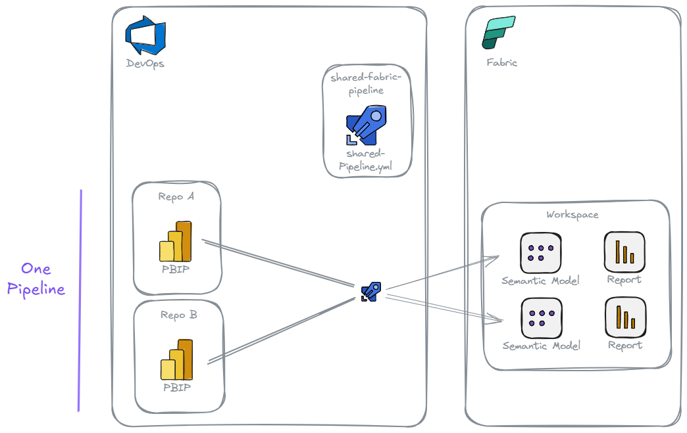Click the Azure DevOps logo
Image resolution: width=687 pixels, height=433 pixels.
pos(145,35)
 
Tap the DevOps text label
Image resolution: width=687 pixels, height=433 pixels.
pos(145,64)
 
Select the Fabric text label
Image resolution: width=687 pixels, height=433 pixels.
pos(501,63)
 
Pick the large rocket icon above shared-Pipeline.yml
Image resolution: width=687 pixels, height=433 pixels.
pos(366,127)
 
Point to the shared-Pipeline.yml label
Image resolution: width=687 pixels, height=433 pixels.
pos(366,160)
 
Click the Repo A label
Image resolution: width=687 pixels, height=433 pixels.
pos(176,196)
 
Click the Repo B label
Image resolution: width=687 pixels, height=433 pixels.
pos(178,315)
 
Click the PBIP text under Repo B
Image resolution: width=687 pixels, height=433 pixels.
pos(177,388)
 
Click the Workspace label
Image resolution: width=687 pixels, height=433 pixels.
pos(572,215)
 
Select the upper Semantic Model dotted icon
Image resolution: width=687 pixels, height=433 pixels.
pos(540,253)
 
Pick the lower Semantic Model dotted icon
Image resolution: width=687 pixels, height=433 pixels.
pos(540,317)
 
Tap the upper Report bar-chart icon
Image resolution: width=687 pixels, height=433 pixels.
pos(624,252)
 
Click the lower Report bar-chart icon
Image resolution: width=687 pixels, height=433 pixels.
pos(624,317)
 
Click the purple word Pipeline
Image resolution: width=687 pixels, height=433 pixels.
pos(36,290)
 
